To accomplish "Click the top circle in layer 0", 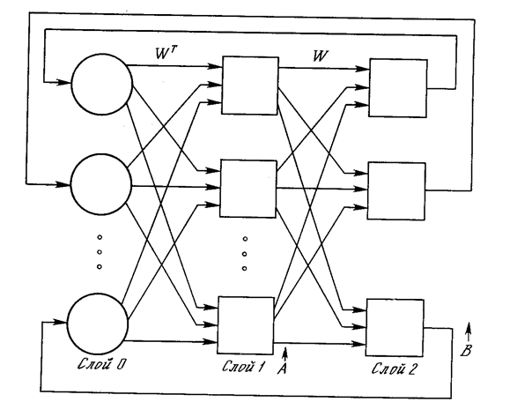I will coord(101,88).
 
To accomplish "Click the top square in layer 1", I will coord(249,86).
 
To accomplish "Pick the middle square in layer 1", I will coord(248,188).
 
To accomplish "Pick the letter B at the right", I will coord(467,351).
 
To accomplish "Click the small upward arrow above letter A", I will coord(286,354).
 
